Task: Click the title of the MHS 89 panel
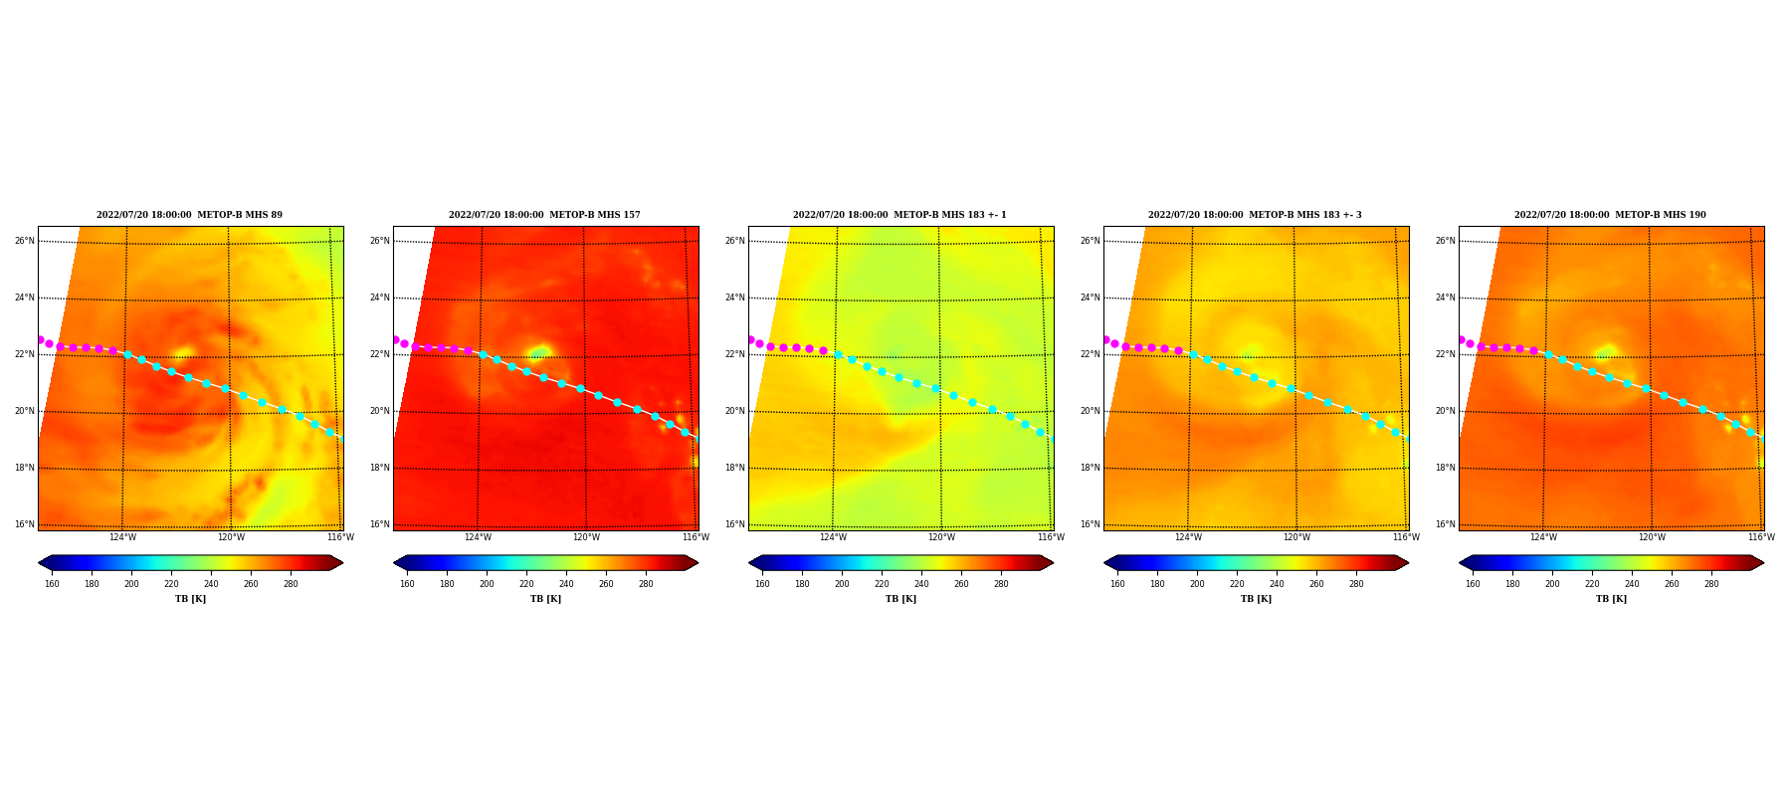point(189,215)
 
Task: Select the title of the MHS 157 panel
point(544,215)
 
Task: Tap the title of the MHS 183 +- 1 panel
point(899,215)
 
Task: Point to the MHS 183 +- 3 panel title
point(1255,215)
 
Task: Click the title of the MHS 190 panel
point(1610,215)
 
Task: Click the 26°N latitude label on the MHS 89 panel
point(24,241)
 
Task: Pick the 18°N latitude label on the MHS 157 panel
point(379,468)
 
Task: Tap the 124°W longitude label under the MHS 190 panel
point(1543,537)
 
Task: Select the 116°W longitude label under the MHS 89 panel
point(340,537)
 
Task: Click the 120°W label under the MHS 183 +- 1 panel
point(941,537)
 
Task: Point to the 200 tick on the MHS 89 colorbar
point(131,584)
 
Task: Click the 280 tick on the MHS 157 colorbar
point(646,584)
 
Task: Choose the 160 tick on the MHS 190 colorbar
point(1473,584)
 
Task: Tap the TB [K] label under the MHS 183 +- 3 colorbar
point(1256,599)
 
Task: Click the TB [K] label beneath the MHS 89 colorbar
point(190,599)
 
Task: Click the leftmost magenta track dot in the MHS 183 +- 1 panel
point(750,339)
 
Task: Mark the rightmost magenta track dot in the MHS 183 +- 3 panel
point(1178,350)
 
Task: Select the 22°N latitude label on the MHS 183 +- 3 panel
point(1090,354)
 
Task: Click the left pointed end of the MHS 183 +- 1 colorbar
point(749,563)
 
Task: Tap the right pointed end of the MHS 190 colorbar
point(1763,563)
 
